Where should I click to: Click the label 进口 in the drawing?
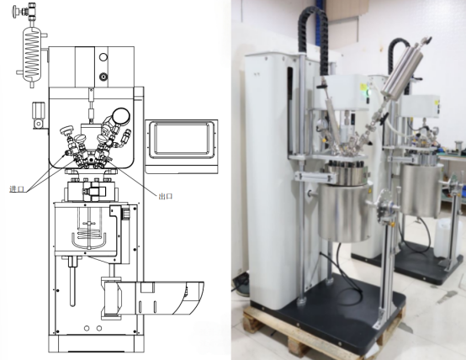point(17,188)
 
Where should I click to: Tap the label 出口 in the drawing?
point(165,196)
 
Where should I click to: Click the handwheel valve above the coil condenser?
point(24,11)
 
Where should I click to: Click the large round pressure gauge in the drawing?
point(121,116)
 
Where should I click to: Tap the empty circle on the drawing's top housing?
point(103,57)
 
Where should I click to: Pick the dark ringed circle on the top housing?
point(103,77)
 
